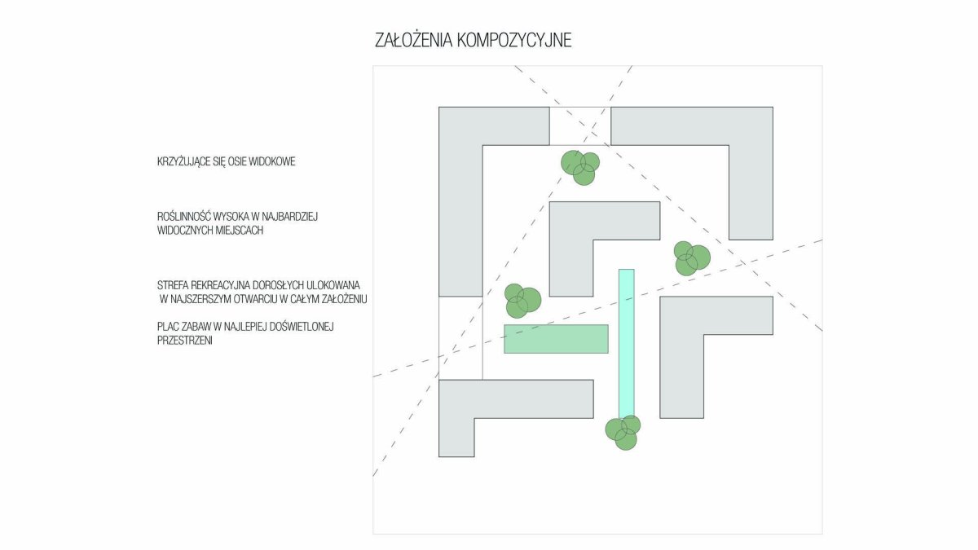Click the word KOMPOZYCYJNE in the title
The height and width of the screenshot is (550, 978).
pyautogui.click(x=514, y=40)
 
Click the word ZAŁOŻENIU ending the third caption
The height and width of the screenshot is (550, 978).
pyautogui.click(x=345, y=299)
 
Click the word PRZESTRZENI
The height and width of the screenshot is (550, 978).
pyautogui.click(x=185, y=341)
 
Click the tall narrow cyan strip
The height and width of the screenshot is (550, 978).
pyautogui.click(x=626, y=344)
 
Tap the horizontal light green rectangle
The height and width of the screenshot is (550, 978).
pyautogui.click(x=556, y=339)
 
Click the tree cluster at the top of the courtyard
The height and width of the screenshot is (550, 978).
pyautogui.click(x=580, y=168)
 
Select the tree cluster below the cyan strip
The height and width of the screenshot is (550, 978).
pyautogui.click(x=623, y=433)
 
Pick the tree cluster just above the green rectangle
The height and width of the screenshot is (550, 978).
pyautogui.click(x=523, y=301)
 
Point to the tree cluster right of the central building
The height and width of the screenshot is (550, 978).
pyautogui.click(x=692, y=258)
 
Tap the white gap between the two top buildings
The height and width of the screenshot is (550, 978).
pyautogui.click(x=579, y=125)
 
